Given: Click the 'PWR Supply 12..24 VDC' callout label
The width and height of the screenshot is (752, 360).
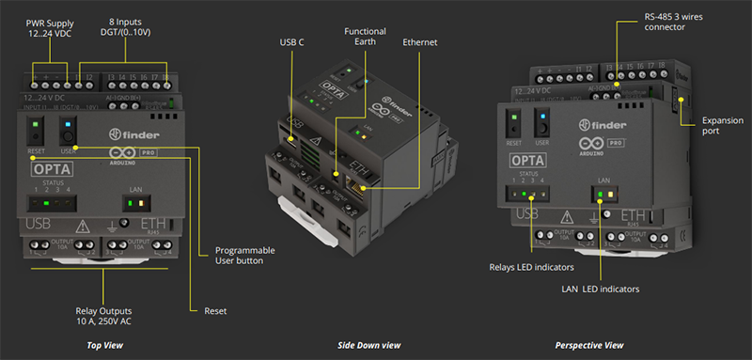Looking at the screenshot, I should (x=50, y=27).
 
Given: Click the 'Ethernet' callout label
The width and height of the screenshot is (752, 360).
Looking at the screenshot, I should (x=420, y=42).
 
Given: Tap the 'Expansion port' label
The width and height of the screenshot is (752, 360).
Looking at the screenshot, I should (x=720, y=127).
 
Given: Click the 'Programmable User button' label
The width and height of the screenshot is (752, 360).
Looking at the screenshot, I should (x=246, y=254).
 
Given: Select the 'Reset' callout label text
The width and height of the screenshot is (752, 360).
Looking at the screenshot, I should (x=215, y=310).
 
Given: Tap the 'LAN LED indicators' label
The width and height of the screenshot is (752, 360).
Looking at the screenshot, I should (x=603, y=289).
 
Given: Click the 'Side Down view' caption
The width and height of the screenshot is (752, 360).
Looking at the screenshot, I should (x=368, y=346).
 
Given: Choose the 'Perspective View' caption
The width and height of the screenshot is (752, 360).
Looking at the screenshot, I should (x=589, y=346).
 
